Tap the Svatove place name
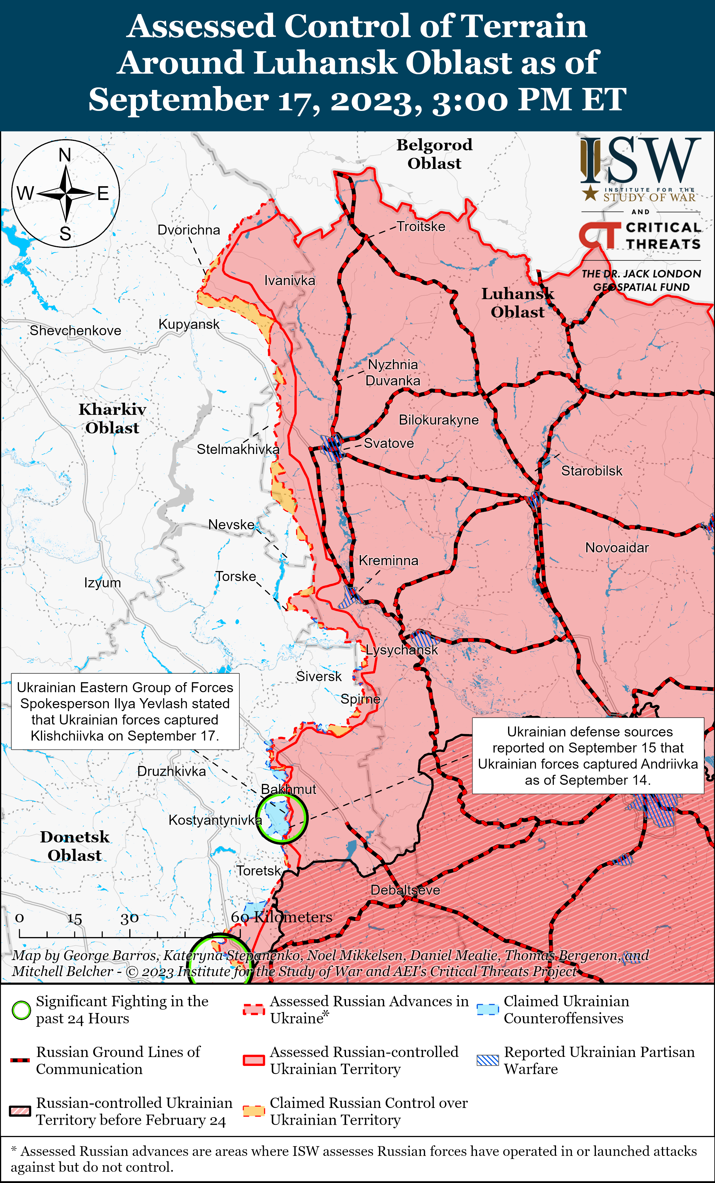pyautogui.click(x=389, y=443)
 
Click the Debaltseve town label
pyautogui.click(x=405, y=890)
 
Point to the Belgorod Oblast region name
pyautogui.click(x=434, y=154)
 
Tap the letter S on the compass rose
pyautogui.click(x=65, y=234)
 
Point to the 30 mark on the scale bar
pyautogui.click(x=129, y=918)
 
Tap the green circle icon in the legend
pyautogui.click(x=21, y=1010)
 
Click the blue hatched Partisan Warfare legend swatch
pyautogui.click(x=488, y=1060)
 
